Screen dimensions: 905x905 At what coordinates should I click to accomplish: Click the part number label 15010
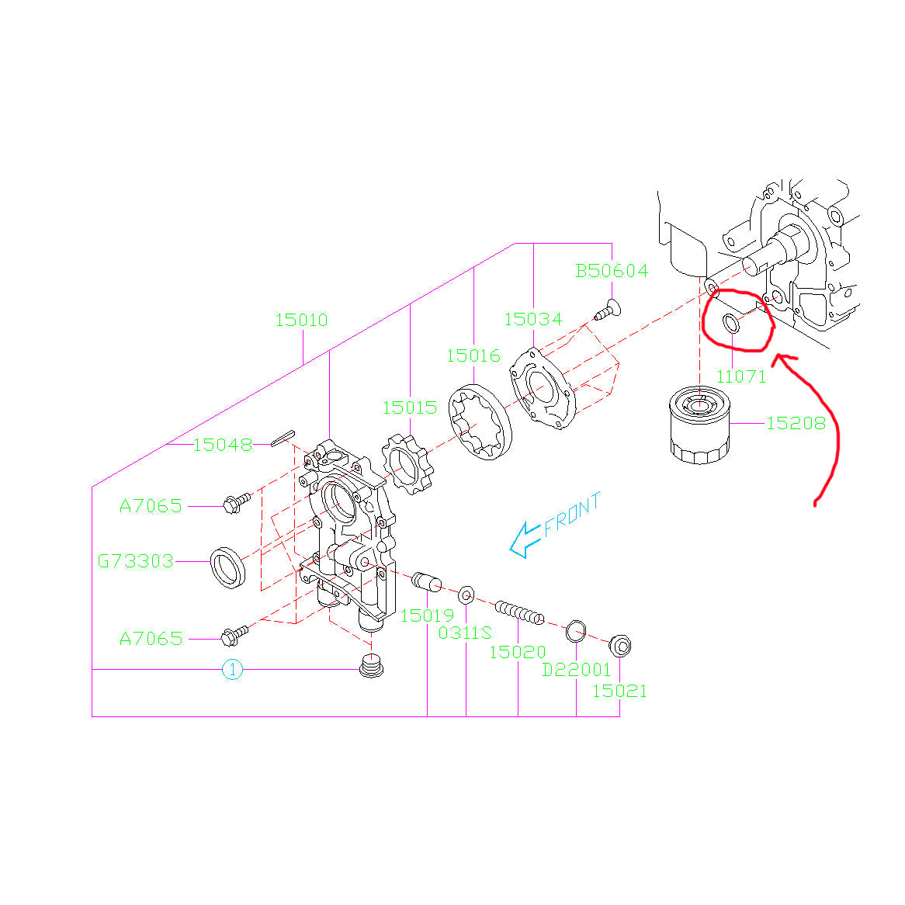coord(301,320)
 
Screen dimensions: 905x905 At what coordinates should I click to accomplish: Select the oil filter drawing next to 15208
coord(699,428)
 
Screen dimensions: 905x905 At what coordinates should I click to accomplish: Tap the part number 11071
coord(740,376)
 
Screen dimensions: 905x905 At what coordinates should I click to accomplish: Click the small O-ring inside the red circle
coord(732,323)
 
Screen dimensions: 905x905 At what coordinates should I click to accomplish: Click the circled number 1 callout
coord(232,669)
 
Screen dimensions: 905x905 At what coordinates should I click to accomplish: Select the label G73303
coord(136,560)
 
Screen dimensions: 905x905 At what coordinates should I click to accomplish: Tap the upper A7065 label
coord(151,506)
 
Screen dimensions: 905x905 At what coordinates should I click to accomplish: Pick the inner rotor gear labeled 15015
coord(408,463)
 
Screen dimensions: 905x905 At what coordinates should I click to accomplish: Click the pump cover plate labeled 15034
coord(543,387)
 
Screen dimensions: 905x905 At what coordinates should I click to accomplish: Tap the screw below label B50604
coord(605,310)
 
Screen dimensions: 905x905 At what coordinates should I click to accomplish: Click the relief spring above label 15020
coord(518,612)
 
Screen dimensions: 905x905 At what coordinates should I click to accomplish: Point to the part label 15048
coord(222,445)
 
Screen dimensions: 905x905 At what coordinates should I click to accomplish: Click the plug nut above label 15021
coord(619,645)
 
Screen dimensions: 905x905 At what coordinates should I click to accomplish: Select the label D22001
coord(576,670)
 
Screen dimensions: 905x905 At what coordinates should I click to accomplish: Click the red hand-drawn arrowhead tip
coord(778,358)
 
